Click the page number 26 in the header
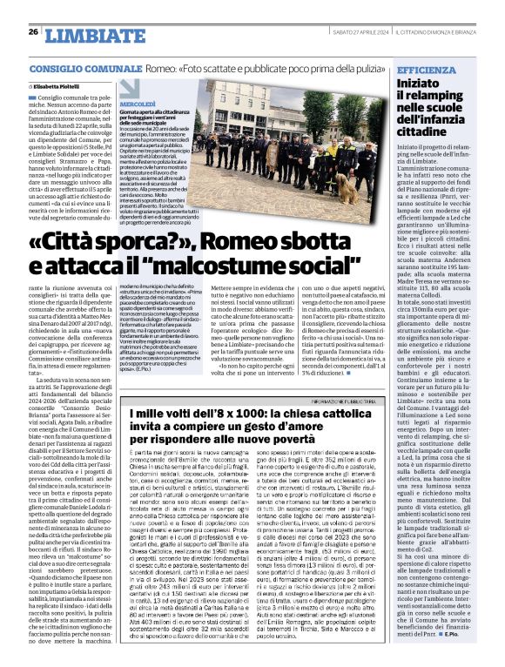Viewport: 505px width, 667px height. tap(32, 8)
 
